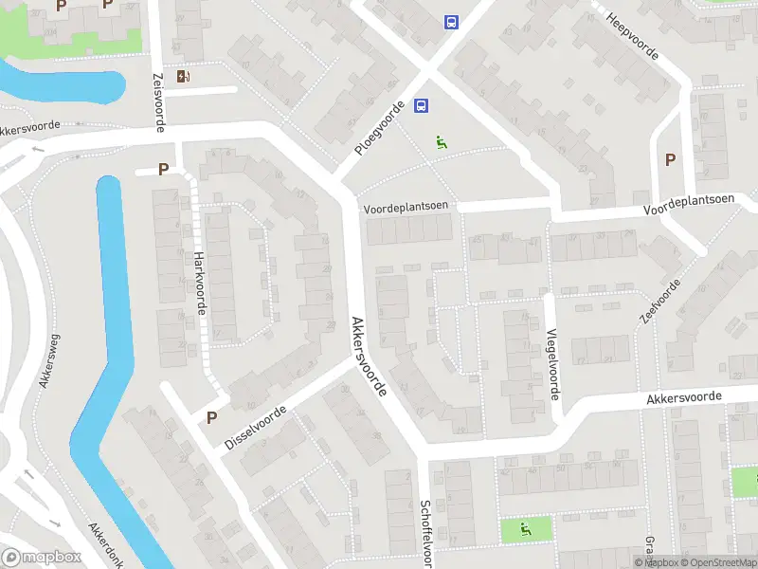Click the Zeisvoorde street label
point(160,101)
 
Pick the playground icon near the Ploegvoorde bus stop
point(441,143)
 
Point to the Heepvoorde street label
point(633,37)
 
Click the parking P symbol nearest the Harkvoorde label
point(163,170)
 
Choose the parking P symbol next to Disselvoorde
point(211,417)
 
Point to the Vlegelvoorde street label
point(552,362)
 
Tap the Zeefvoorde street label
point(660,303)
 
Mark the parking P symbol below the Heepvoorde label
point(671,159)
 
